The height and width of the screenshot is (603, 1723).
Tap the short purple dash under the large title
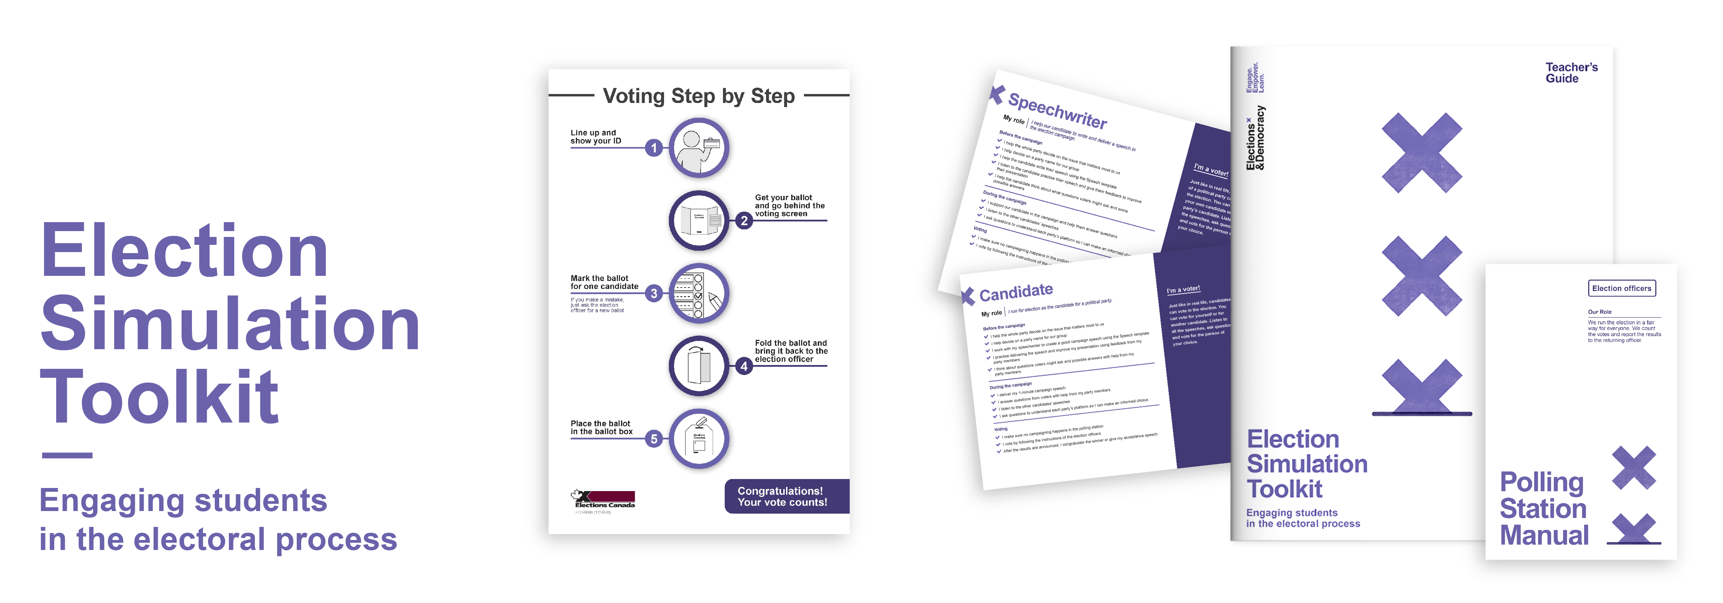coord(67,455)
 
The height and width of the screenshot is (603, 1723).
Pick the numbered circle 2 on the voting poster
coord(744,221)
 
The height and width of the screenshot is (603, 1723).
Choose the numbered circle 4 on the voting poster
coord(744,366)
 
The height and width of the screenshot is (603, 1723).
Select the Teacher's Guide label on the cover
coord(1570,73)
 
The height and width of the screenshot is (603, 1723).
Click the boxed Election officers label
coord(1621,288)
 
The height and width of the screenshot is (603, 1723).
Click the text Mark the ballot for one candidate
coord(604,282)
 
